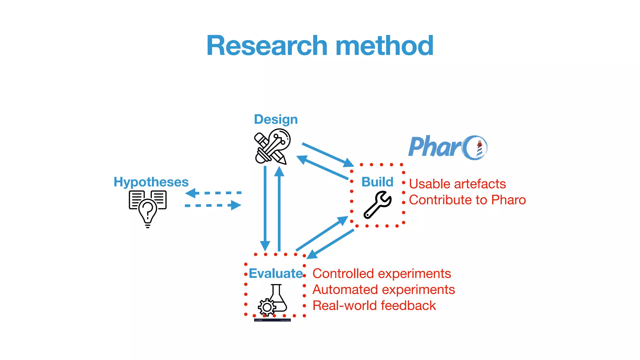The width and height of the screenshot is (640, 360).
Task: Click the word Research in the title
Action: click(267, 46)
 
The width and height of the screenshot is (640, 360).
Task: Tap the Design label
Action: click(276, 119)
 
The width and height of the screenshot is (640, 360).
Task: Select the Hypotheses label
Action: click(151, 182)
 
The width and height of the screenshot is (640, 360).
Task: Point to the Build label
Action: click(377, 182)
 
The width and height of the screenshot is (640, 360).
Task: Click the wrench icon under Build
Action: click(377, 205)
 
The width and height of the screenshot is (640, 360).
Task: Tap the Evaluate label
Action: click(276, 273)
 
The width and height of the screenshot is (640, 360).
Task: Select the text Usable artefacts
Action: click(457, 184)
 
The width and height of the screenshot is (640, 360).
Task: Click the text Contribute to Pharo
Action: click(467, 200)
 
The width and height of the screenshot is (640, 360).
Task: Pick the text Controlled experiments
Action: click(382, 273)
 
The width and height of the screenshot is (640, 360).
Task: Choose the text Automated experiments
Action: click(383, 289)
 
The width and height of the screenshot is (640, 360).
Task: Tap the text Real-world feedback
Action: click(374, 306)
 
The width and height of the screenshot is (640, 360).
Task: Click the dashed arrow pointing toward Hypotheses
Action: click(213, 193)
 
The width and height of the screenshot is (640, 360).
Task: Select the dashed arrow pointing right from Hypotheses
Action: click(213, 205)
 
